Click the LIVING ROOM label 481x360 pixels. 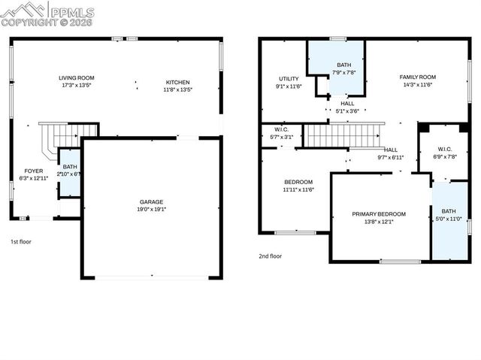coord(77,77)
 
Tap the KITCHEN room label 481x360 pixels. coord(178,82)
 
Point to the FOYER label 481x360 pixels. coord(33,171)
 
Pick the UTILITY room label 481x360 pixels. coord(289,78)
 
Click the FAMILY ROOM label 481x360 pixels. coord(417,77)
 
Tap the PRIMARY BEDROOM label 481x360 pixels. coord(379,213)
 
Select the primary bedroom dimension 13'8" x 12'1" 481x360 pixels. coord(379,222)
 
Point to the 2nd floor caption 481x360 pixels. coord(270,256)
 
